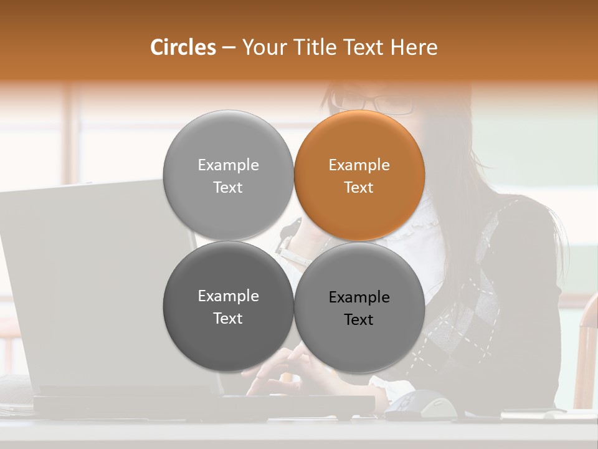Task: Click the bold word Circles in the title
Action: [x=183, y=47]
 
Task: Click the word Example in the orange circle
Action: [x=359, y=165]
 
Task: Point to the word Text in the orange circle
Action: [x=359, y=188]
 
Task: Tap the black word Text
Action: [x=359, y=320]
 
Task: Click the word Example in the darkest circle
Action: [x=228, y=296]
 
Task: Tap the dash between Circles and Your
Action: [x=229, y=48]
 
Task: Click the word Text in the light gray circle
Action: [x=228, y=188]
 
